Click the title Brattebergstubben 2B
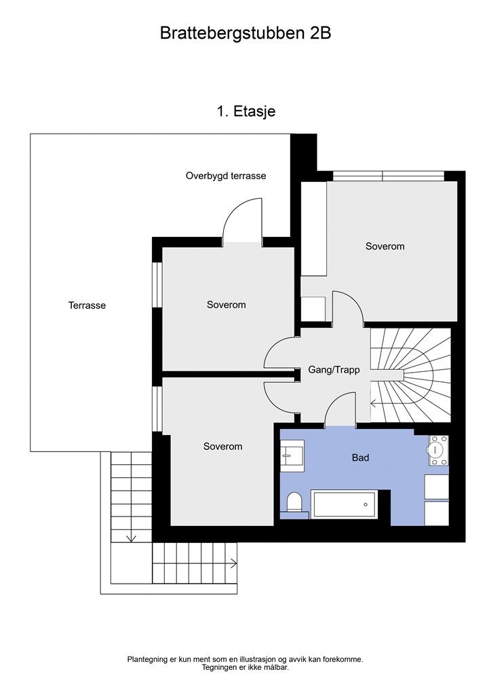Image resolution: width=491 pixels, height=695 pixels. pos(245,34)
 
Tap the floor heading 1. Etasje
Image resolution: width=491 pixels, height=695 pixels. pos(245,111)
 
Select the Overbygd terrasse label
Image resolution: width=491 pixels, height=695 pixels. pos(226,176)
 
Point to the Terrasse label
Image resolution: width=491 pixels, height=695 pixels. pos(87,305)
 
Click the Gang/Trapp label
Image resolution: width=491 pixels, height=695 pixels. pos(334,370)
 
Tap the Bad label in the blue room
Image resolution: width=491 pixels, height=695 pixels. pos(360,457)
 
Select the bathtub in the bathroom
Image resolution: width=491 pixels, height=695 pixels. pos(345,504)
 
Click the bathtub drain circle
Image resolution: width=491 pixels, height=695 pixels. pos(366,504)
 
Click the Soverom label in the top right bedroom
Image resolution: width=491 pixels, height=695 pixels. pos(385,246)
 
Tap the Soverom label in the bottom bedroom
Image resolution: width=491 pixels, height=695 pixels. pos(222,447)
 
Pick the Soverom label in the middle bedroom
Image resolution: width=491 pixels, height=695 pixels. pos(227,305)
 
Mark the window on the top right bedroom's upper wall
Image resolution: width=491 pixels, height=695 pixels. pos(389,176)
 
